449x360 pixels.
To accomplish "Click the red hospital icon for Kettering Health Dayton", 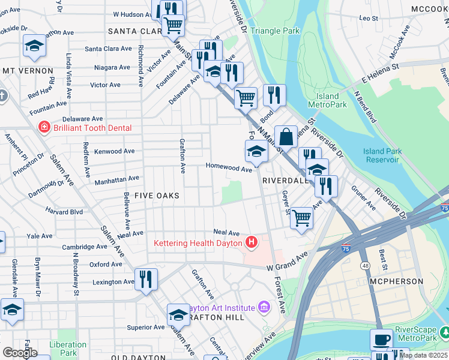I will pyautogui.click(x=252, y=242).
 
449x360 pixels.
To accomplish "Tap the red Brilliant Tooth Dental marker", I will pyautogui.click(x=44, y=127).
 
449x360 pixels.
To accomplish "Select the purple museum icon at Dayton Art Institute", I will pyautogui.click(x=263, y=308).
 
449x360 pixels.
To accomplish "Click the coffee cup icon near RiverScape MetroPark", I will pyautogui.click(x=381, y=339).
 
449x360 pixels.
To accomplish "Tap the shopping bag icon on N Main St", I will pyautogui.click(x=287, y=136).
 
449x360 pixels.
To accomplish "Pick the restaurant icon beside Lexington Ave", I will pyautogui.click(x=146, y=280).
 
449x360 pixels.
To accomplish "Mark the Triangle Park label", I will pyautogui.click(x=274, y=31).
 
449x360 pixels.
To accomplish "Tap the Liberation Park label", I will pyautogui.click(x=68, y=349).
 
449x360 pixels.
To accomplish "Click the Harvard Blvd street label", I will pyautogui.click(x=64, y=211).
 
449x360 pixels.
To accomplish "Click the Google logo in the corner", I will pyautogui.click(x=19, y=353).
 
